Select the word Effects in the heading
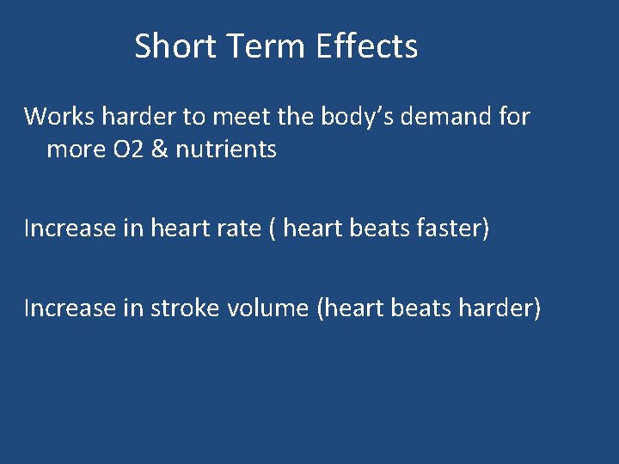coord(366,46)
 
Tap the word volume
coord(269,307)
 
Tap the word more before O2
coord(73,150)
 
